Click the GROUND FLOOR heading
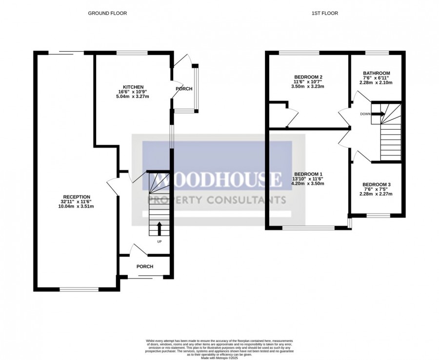click(x=107, y=13)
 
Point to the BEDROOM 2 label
click(x=308, y=77)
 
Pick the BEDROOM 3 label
click(x=376, y=185)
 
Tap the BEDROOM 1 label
click(x=308, y=174)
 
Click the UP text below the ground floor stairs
click(x=159, y=241)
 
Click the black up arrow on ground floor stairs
click(x=159, y=228)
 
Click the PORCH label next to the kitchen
click(x=184, y=89)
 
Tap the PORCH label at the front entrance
click(x=145, y=266)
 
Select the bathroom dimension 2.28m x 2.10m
click(x=376, y=83)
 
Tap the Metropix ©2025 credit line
click(x=219, y=357)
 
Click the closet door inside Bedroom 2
click(x=291, y=117)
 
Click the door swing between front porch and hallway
click(x=140, y=250)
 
